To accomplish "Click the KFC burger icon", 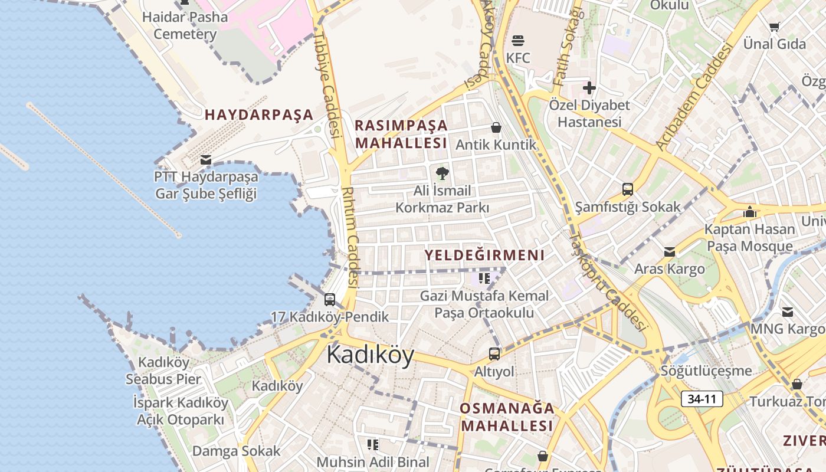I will [x=518, y=41].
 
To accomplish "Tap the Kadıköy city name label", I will [x=370, y=355].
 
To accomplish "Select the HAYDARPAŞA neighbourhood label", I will [x=259, y=115].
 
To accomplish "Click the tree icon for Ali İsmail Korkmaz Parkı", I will [x=442, y=173].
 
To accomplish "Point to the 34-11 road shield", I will [x=702, y=399].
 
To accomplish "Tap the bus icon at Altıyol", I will [x=494, y=354].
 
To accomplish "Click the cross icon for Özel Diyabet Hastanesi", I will [x=589, y=88].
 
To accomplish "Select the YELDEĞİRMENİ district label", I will [x=484, y=255].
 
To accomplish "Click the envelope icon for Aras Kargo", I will [x=670, y=252].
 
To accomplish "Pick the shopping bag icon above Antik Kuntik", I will [x=496, y=127].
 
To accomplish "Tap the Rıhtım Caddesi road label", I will [x=351, y=236].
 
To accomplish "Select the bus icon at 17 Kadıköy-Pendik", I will [x=330, y=300].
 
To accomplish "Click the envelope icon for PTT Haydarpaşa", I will [x=206, y=159].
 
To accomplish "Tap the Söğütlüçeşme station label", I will [x=706, y=371].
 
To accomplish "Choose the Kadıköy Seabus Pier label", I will [x=163, y=371].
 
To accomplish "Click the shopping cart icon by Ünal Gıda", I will [x=774, y=27].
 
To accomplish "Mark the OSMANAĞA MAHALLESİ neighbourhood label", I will [x=507, y=417].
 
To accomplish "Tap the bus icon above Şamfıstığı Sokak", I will [x=628, y=189].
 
